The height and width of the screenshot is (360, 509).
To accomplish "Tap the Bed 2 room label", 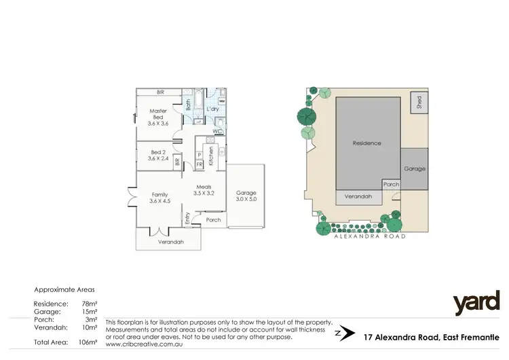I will point(157,154).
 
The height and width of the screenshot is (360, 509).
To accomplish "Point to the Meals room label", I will point(204,190).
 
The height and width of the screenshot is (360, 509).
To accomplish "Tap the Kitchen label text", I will point(212,156).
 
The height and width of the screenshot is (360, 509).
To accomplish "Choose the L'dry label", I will point(212,109).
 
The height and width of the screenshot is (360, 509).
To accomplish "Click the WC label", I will point(217,130).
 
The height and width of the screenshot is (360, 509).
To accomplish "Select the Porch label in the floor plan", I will point(213,219).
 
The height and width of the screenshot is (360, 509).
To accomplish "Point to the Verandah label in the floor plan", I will point(170,241).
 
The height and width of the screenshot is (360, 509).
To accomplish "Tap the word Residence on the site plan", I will point(366,143).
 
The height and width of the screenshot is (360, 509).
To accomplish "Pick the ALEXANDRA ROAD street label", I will point(369,236).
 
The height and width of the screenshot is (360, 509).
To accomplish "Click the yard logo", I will point(476,303).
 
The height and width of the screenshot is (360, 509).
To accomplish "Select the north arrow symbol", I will point(345,334).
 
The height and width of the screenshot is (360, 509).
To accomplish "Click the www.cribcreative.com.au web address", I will point(146,344).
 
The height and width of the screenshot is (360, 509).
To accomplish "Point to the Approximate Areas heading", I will point(64,289).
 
